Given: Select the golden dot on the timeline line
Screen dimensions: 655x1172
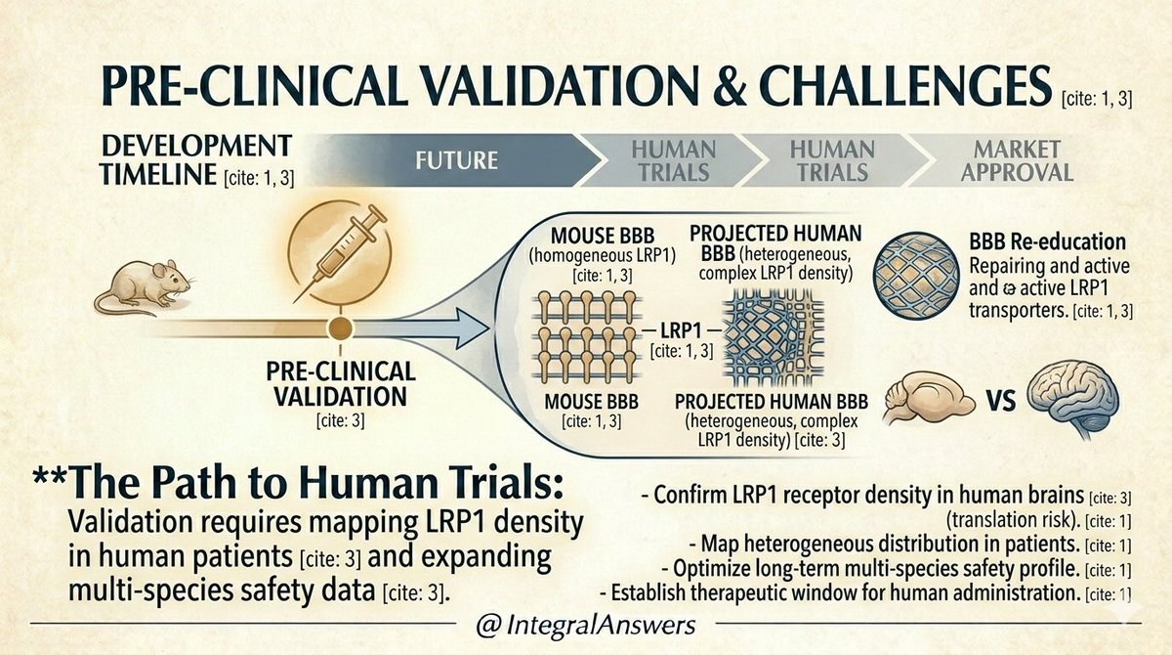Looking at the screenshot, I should (x=340, y=327).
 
